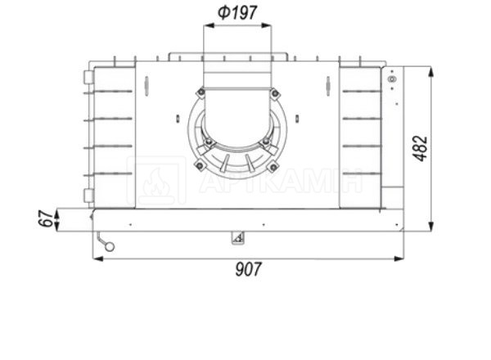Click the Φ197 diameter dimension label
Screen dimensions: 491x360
click(x=237, y=12)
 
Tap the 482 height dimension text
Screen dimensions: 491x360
click(x=421, y=148)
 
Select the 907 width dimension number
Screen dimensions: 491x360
click(x=248, y=269)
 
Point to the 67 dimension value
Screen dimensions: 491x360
click(x=47, y=218)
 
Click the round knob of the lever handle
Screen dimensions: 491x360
click(x=110, y=246)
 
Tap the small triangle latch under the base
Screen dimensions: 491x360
click(x=238, y=238)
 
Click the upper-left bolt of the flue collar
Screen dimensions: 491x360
click(x=201, y=92)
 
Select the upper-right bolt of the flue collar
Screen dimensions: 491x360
click(x=275, y=93)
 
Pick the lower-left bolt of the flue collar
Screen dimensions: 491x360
click(x=200, y=165)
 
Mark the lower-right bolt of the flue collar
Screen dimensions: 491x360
click(x=273, y=167)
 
